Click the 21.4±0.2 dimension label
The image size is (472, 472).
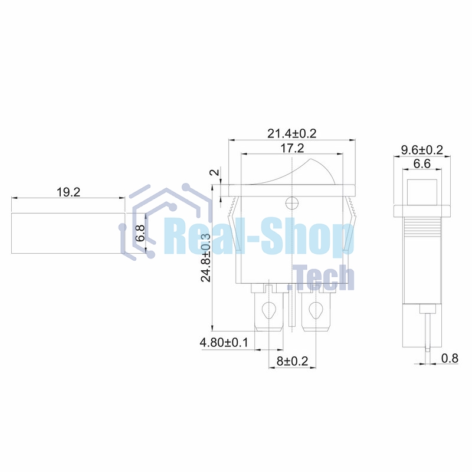[x=291, y=133]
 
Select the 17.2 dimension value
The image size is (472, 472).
[x=292, y=148]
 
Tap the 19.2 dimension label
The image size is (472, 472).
[x=68, y=192]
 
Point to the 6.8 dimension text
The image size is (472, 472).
[x=140, y=233]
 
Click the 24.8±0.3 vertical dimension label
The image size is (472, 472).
[x=206, y=258]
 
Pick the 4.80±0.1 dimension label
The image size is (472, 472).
[x=224, y=342]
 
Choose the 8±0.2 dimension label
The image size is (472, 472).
[x=292, y=361]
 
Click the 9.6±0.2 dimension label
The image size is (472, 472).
[x=422, y=150]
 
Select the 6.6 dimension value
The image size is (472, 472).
[x=422, y=164]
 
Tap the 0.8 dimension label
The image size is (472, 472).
[x=450, y=358]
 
